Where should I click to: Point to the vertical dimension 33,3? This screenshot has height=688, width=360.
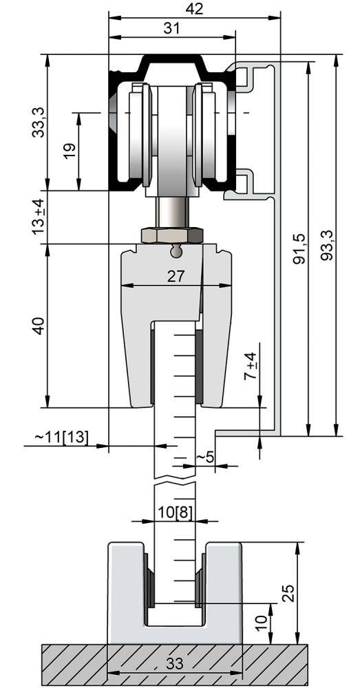click(39, 121)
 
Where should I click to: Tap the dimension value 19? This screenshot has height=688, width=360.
click(69, 151)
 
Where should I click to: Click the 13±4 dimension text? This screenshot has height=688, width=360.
click(39, 217)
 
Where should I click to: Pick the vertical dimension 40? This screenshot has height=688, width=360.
click(39, 325)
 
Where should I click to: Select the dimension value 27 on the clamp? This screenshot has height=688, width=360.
click(176, 276)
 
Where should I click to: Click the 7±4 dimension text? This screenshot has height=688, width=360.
click(252, 366)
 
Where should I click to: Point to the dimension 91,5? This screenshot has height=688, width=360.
click(299, 248)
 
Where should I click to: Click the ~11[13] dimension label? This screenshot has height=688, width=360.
click(62, 437)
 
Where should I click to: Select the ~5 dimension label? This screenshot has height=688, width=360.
click(205, 457)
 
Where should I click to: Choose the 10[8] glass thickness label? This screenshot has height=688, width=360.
click(176, 513)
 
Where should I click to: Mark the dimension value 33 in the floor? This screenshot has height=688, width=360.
click(175, 665)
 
